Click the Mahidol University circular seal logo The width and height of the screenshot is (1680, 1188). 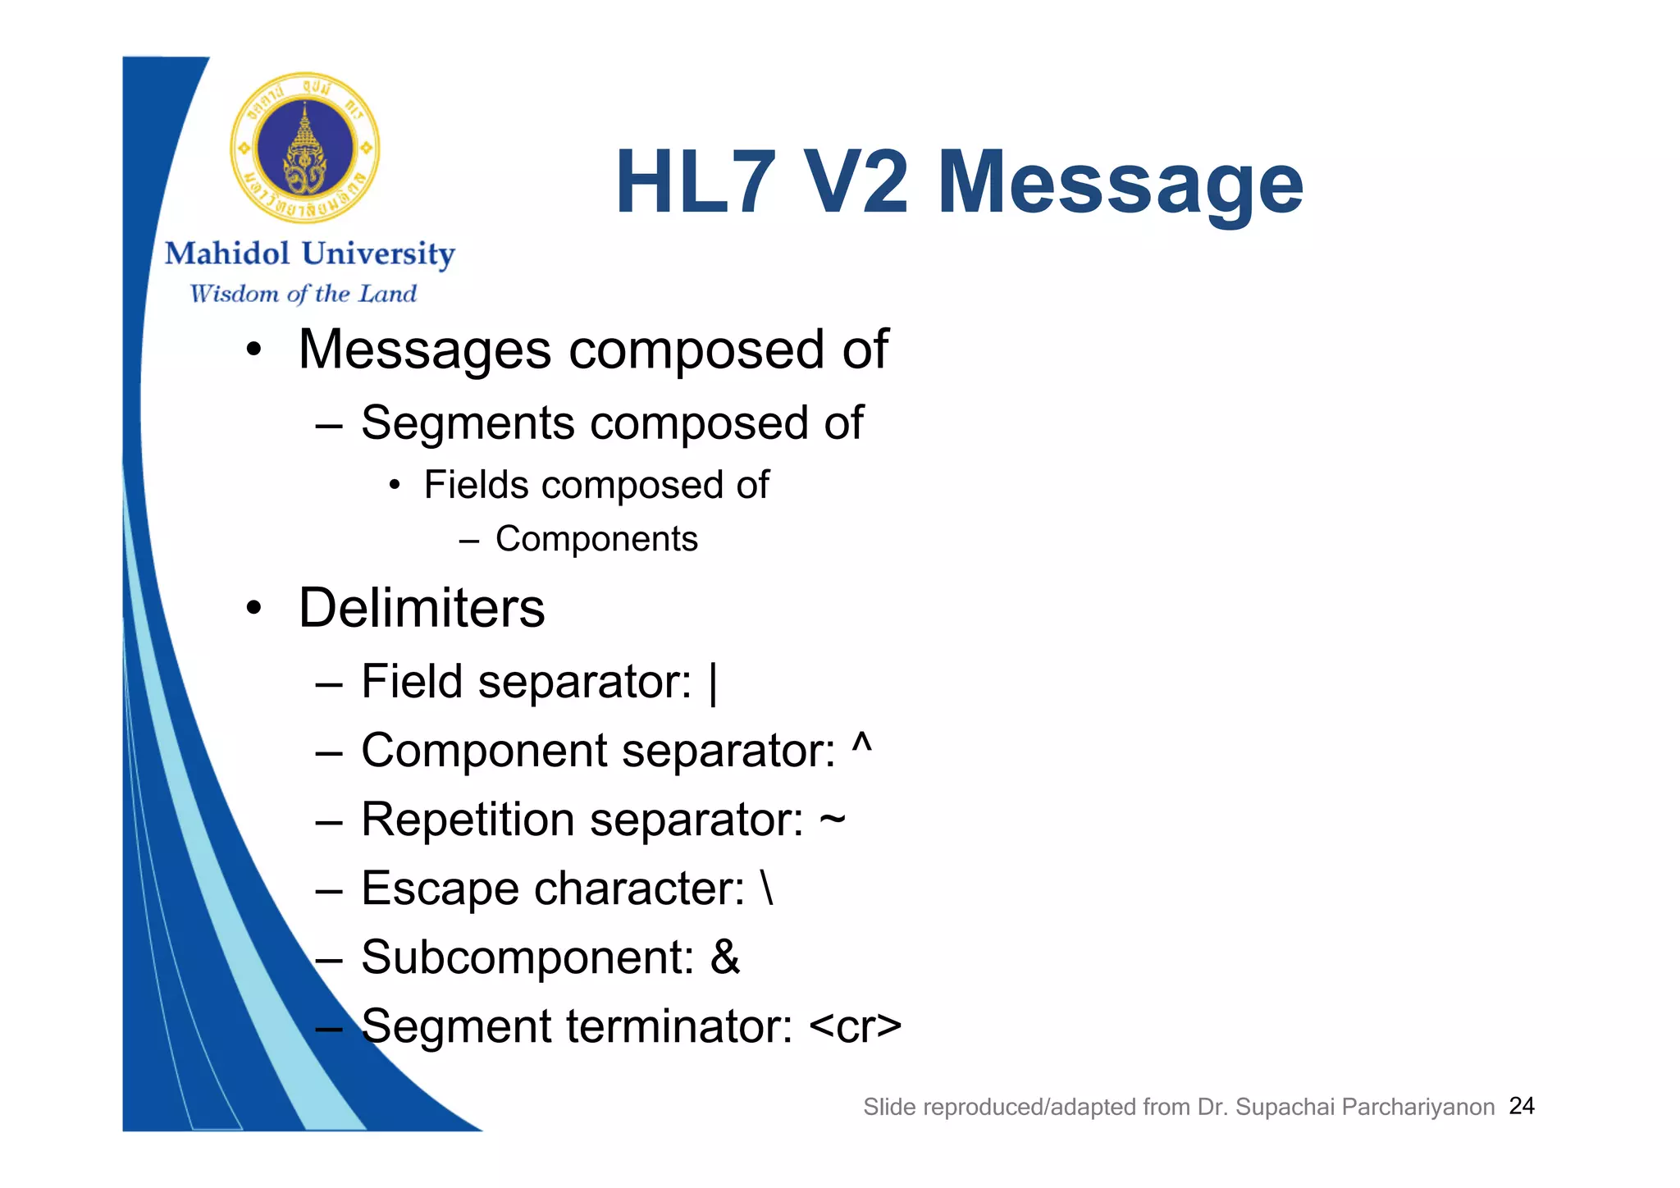[x=304, y=148]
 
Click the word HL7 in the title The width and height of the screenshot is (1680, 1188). [x=695, y=182]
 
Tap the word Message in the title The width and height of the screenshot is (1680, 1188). [x=1120, y=182]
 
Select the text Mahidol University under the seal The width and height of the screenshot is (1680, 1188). [x=309, y=254]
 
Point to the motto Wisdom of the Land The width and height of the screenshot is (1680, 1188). [x=303, y=294]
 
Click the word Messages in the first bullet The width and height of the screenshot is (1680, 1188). [x=424, y=350]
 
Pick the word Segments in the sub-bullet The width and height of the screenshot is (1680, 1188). [x=468, y=423]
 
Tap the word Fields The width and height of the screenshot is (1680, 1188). [x=476, y=485]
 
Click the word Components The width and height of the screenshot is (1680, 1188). [x=596, y=539]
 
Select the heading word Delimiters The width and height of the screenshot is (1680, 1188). [x=422, y=608]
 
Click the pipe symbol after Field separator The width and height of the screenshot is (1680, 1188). [x=713, y=683]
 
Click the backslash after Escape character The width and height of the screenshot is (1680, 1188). [x=766, y=888]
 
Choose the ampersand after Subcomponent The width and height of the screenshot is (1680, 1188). [x=725, y=957]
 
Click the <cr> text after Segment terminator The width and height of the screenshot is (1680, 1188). [x=855, y=1026]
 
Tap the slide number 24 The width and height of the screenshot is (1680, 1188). [x=1522, y=1106]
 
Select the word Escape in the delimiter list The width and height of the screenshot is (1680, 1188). [x=439, y=889]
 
